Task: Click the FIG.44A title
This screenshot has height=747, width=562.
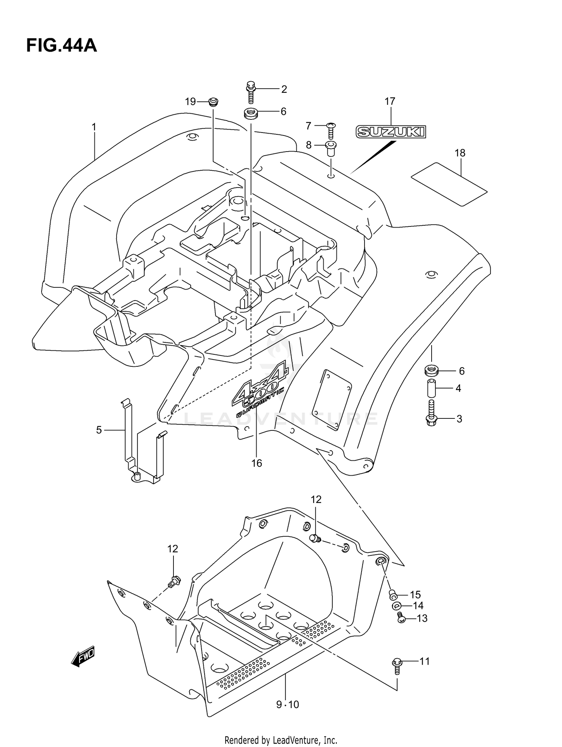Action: [x=61, y=46]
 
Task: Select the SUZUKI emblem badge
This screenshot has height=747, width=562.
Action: [x=391, y=131]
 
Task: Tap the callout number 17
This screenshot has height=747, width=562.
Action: [x=390, y=101]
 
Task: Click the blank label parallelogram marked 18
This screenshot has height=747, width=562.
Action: [x=449, y=184]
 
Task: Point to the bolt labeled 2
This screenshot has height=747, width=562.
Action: [x=251, y=92]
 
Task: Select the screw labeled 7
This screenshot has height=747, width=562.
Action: [x=331, y=130]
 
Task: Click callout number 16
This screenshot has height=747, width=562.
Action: [x=257, y=463]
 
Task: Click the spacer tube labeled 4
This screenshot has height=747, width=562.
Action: [x=432, y=388]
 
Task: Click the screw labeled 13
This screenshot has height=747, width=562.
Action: [x=401, y=618]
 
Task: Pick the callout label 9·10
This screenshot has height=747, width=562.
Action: [x=288, y=705]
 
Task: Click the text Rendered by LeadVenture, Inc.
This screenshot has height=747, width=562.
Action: [x=281, y=740]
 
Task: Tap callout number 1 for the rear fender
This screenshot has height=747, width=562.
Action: [x=94, y=127]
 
